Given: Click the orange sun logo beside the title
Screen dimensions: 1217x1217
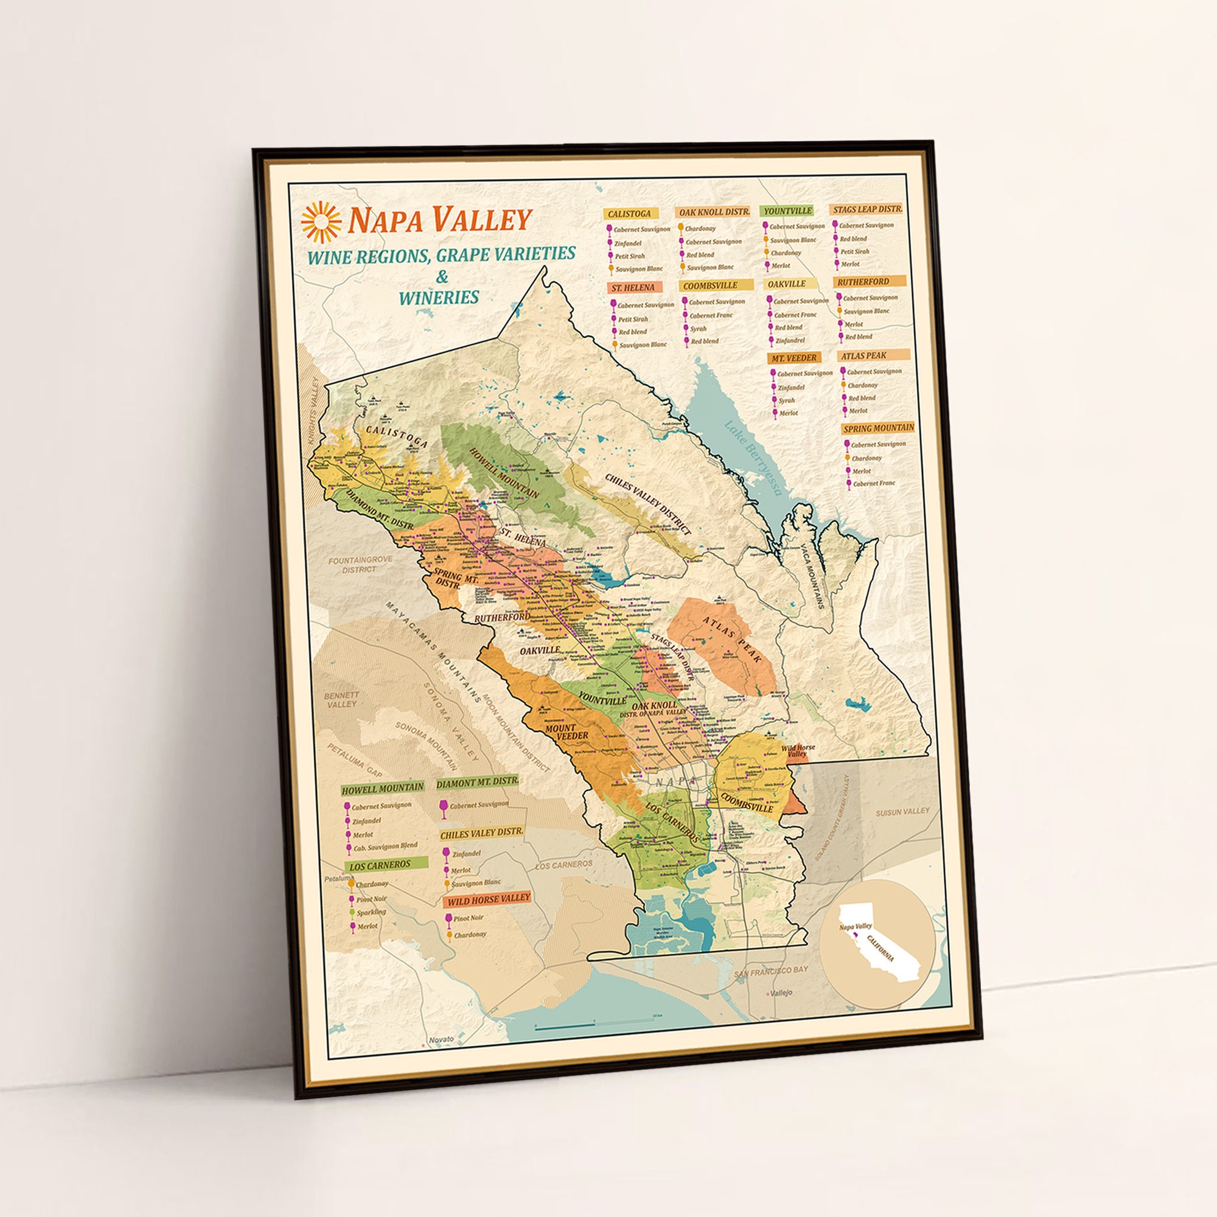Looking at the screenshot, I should [x=321, y=221].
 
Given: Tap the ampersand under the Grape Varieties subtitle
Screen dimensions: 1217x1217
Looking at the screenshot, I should [x=442, y=276].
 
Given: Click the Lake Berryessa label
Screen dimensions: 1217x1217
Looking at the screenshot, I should [x=753, y=458].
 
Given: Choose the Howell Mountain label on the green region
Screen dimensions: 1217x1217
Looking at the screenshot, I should [x=504, y=472].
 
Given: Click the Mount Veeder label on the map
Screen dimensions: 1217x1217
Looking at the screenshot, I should [x=567, y=731].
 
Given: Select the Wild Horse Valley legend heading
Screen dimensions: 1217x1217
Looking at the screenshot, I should [x=488, y=898].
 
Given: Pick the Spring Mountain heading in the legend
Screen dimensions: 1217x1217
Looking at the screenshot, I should [x=878, y=428].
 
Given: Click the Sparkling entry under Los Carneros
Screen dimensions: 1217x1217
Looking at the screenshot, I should [x=371, y=912].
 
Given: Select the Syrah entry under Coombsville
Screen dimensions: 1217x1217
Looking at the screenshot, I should [x=697, y=329].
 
